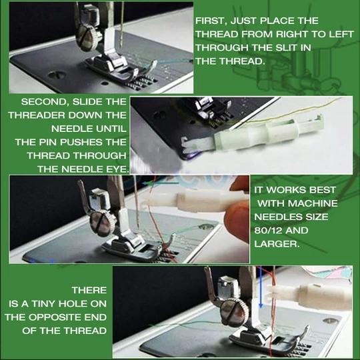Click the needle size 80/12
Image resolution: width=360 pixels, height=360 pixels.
click(271, 231)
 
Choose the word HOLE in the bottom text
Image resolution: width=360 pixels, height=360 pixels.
click(89, 304)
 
